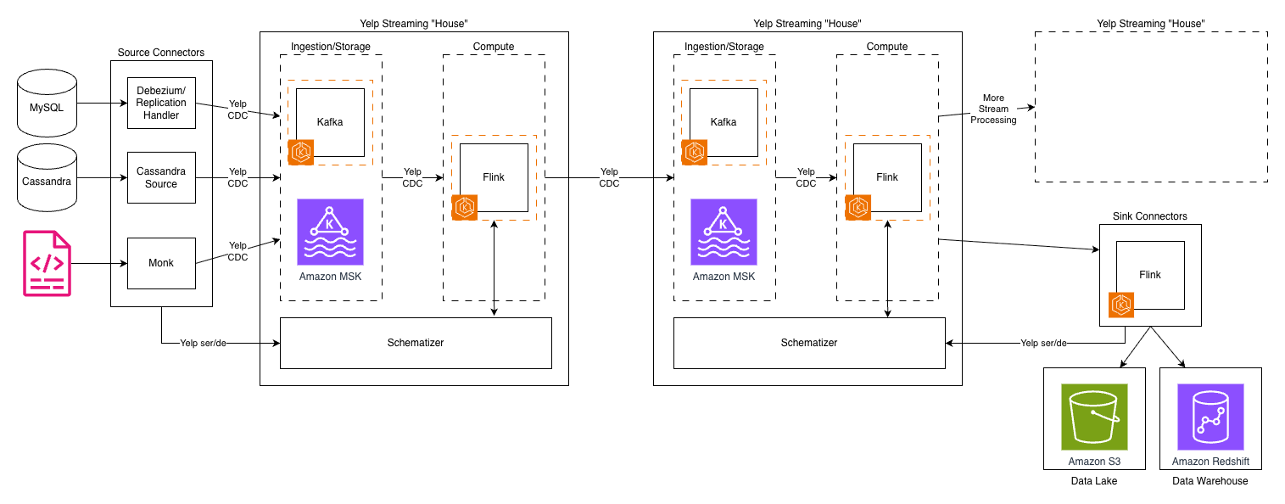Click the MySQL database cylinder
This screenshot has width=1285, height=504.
coord(47,105)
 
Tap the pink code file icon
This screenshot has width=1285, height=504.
coord(47,263)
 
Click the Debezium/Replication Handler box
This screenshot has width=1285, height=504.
coord(161,103)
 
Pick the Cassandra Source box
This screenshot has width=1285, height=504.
coord(161,177)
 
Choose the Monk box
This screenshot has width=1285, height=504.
coord(161,263)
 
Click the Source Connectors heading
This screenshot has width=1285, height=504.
coord(161,53)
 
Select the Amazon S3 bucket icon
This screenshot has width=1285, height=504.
coord(1094,417)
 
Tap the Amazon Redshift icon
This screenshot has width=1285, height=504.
coord(1210,417)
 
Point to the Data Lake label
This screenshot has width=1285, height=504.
coord(1094,481)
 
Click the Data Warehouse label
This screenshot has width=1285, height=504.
coord(1210,481)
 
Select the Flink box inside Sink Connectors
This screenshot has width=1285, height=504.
coord(1150,275)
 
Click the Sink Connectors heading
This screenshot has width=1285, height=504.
coord(1150,216)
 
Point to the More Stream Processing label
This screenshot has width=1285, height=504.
coord(993,109)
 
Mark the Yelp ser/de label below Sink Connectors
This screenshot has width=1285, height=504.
coord(1043,344)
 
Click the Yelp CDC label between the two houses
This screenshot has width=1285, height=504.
coord(609,177)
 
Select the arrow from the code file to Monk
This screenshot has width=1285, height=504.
coord(98,263)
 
